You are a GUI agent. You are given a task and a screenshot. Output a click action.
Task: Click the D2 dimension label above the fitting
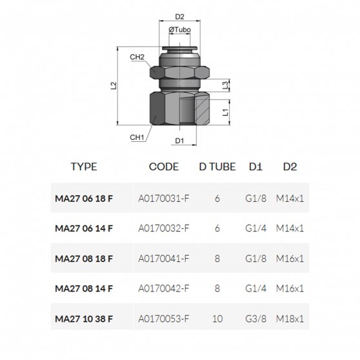(180, 17)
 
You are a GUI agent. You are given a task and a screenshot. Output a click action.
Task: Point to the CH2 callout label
(137, 57)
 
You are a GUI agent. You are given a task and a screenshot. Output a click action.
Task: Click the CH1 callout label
(136, 136)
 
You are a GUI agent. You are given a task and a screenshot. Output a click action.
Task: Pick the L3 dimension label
(225, 85)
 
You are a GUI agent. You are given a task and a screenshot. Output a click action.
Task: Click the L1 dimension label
(225, 112)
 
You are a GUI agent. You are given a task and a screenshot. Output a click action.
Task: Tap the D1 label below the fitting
(180, 140)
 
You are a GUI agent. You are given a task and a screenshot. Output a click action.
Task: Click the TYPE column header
(84, 166)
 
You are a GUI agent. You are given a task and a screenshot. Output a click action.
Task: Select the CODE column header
(163, 166)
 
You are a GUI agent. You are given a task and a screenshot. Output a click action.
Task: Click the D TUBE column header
(217, 166)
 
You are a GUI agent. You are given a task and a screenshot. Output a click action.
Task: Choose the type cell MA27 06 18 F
(84, 197)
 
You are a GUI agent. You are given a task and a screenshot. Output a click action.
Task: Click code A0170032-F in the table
(163, 228)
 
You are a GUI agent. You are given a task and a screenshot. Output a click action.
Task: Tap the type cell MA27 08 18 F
(84, 259)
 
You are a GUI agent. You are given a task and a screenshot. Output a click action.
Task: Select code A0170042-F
(163, 289)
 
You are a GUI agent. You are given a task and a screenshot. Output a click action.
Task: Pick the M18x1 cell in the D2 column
(289, 320)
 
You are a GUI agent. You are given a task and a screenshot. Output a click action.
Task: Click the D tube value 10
(217, 320)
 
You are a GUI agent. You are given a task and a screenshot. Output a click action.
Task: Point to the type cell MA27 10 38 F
(84, 320)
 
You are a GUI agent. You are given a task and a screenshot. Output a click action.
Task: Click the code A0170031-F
(163, 197)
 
